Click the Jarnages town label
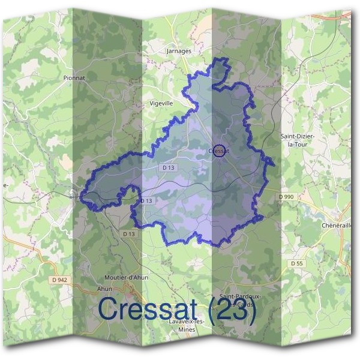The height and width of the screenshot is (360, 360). (x=178, y=52)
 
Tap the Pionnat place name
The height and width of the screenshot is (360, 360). (x=75, y=78)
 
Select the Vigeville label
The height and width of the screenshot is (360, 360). (x=161, y=103)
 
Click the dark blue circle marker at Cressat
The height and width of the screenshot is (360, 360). (x=220, y=150)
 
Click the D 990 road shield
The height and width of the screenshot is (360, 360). (x=287, y=196)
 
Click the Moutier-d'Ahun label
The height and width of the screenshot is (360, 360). (x=122, y=277)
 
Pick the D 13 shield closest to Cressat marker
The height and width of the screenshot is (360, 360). (x=167, y=168)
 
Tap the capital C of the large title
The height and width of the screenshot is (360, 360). (x=109, y=309)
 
